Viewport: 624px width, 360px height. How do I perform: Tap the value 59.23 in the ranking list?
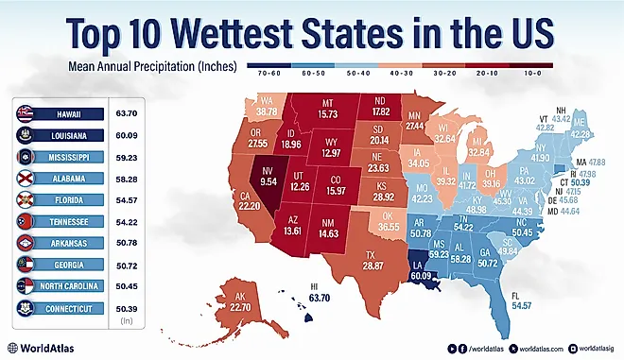126,158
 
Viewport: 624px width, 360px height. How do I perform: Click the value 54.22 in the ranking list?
126,222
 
